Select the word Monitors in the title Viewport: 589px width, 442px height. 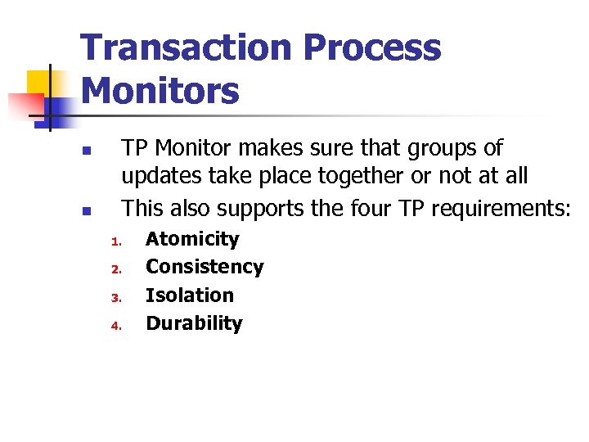[160, 90]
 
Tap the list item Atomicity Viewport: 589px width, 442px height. [192, 239]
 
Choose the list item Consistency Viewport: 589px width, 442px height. [205, 267]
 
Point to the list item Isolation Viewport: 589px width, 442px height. [190, 295]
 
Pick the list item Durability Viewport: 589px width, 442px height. [194, 323]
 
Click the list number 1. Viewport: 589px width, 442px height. [116, 241]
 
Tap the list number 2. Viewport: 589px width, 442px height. [116, 269]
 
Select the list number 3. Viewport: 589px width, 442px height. [116, 298]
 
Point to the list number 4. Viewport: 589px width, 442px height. [116, 326]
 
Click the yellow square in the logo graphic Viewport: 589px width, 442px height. [39, 82]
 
